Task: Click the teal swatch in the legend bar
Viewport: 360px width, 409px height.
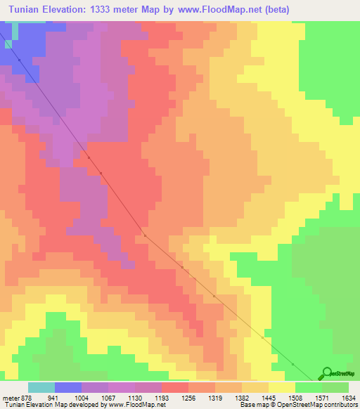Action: (x=41, y=387)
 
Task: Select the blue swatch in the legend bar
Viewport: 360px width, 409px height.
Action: (x=68, y=387)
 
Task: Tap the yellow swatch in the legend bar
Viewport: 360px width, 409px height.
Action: (x=281, y=387)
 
